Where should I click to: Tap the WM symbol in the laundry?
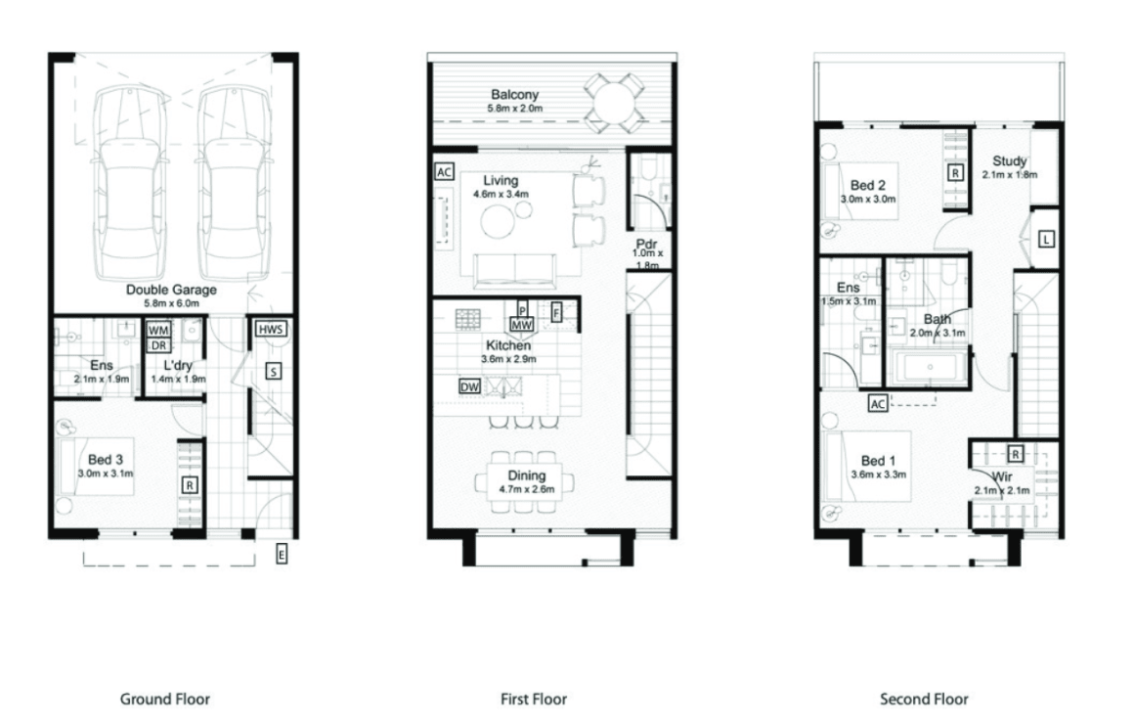[x=158, y=330]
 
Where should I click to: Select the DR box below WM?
[x=158, y=344]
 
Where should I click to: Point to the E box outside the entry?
[x=282, y=555]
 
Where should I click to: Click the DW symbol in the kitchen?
[x=469, y=386]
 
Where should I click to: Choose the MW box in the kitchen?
[x=522, y=324]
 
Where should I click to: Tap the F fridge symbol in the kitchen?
[x=557, y=313]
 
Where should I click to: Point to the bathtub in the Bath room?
[x=927, y=368]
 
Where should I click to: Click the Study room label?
[x=1009, y=161]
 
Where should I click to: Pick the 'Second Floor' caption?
[x=924, y=699]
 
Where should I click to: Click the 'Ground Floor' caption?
[x=164, y=699]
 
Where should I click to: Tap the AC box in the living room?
[x=444, y=172]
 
